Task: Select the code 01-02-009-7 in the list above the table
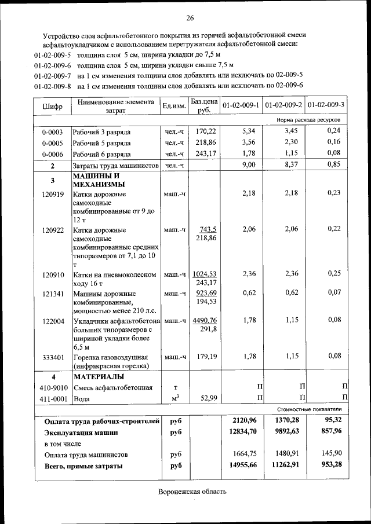(x=53, y=75)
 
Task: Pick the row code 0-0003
(x=52, y=132)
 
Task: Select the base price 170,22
(x=206, y=131)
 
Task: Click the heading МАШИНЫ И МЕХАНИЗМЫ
(x=97, y=180)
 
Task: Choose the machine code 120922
(x=53, y=230)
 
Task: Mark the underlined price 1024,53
(x=205, y=274)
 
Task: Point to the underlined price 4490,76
(x=205, y=320)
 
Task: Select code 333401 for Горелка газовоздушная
(x=53, y=357)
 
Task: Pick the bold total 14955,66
(x=241, y=465)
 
